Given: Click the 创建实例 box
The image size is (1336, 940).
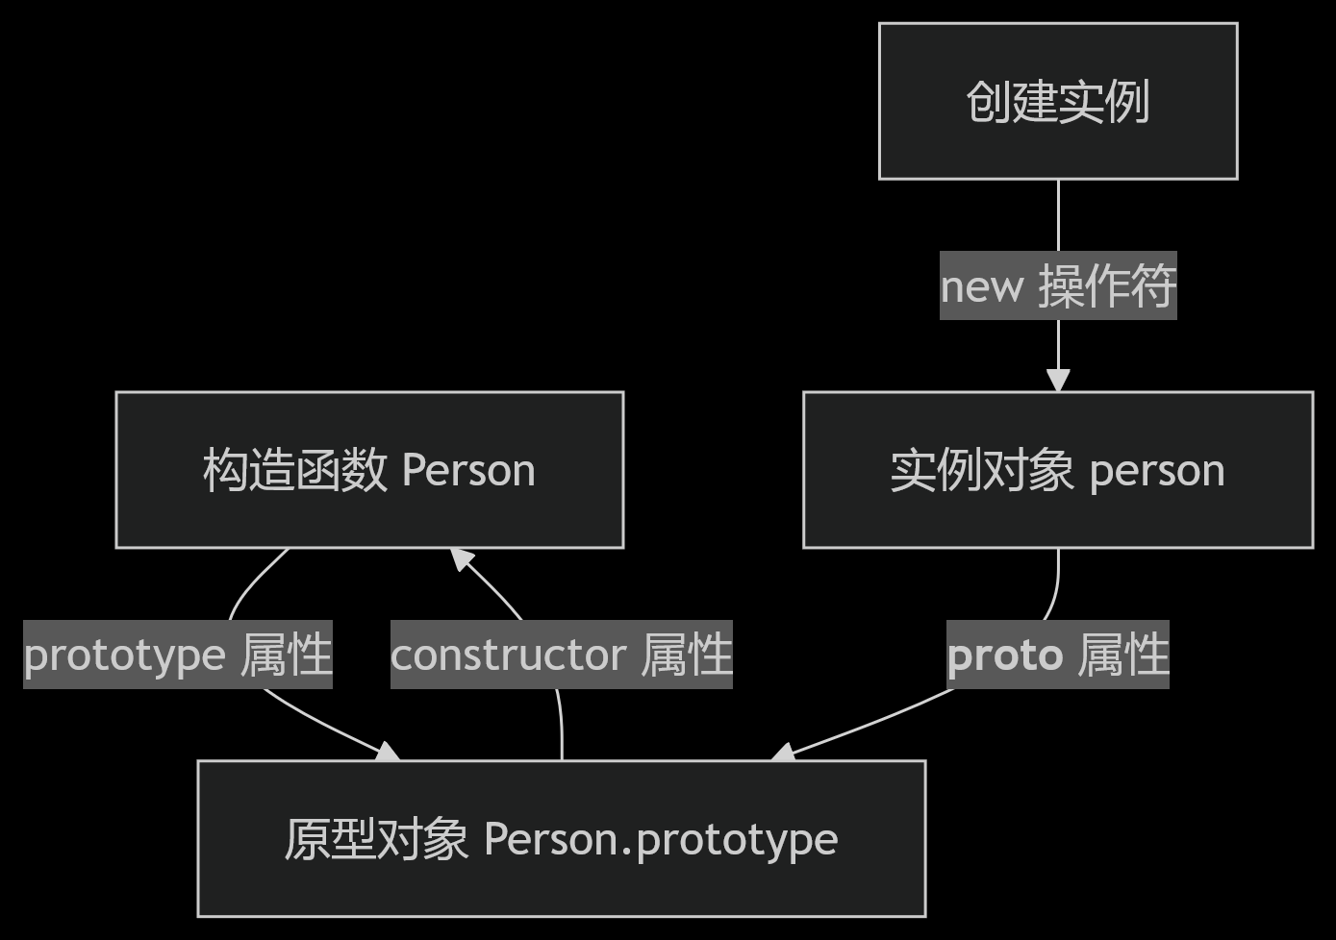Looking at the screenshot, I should [x=1058, y=101].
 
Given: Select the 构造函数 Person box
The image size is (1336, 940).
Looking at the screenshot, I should [x=369, y=470].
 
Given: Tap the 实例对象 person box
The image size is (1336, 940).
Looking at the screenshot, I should [x=1058, y=470].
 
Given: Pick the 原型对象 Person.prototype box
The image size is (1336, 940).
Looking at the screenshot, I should [x=562, y=839].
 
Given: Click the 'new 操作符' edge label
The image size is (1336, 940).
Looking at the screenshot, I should [x=1058, y=285].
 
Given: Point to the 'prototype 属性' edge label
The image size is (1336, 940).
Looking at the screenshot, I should [x=178, y=655].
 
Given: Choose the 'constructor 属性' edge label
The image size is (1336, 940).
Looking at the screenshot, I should [x=562, y=655].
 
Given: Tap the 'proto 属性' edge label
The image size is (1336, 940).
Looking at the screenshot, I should [x=1058, y=655].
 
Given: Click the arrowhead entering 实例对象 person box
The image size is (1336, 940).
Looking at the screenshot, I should [x=1058, y=382].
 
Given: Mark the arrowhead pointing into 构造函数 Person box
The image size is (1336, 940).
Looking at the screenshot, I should [x=463, y=558].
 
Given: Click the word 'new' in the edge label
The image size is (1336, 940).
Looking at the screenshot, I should [x=982, y=286].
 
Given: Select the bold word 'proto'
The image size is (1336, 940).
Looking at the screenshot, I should [x=1005, y=656].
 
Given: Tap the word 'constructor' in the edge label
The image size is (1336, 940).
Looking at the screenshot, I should [x=509, y=656].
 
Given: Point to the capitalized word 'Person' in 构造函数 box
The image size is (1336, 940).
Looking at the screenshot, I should [x=468, y=471].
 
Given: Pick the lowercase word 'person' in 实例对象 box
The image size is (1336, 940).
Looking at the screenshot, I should [x=1157, y=471].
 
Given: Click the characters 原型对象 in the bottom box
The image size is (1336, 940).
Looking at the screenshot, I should [x=376, y=839].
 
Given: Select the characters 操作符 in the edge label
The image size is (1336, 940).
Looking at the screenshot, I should [x=1107, y=285].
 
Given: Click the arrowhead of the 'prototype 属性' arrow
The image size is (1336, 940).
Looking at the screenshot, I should [x=389, y=753].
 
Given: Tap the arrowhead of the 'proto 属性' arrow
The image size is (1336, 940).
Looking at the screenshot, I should [x=784, y=754].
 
